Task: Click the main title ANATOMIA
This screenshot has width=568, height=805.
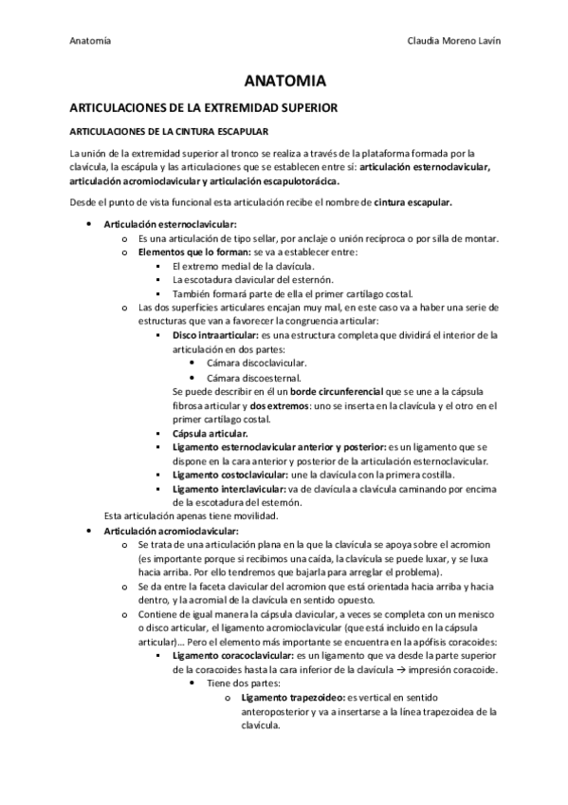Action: [x=284, y=83]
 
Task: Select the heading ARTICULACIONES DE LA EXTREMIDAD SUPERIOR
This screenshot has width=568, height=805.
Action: [x=204, y=108]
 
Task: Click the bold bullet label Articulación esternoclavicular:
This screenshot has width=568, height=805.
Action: [x=156, y=224]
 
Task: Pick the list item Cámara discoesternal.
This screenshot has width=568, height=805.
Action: [x=234, y=377]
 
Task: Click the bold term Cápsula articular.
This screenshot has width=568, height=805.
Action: [x=210, y=433]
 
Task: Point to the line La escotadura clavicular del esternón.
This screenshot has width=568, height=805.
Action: [x=253, y=280]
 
